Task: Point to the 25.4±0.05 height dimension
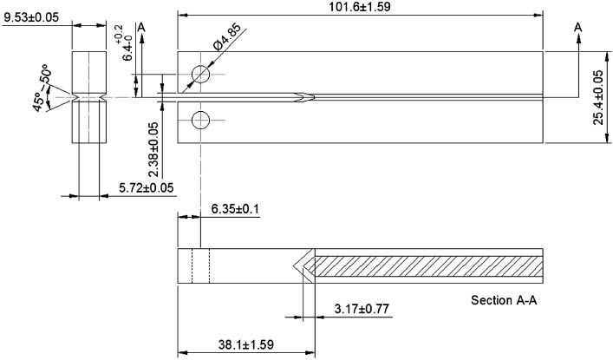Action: (x=599, y=97)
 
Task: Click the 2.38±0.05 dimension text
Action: (x=153, y=147)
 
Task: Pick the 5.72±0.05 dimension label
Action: (x=146, y=187)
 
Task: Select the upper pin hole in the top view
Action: (x=200, y=75)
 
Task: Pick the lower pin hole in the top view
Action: (x=200, y=119)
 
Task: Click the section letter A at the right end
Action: (x=577, y=29)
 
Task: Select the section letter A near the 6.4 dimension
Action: (x=141, y=29)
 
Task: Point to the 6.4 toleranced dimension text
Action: (x=127, y=44)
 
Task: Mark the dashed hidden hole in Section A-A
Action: (x=200, y=265)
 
